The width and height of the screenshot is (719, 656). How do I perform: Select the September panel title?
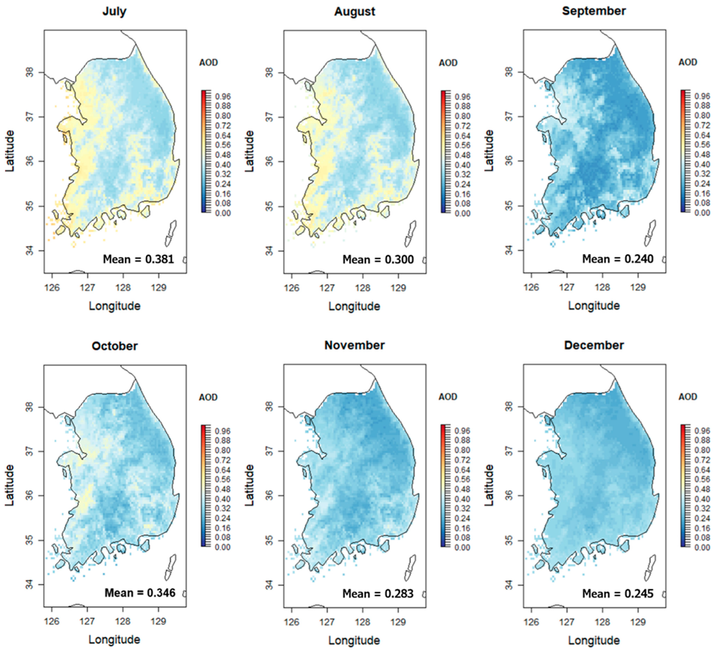coord(594,11)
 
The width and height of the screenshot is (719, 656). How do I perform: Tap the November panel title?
coord(354,345)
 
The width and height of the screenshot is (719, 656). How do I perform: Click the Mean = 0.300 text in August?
coord(378,259)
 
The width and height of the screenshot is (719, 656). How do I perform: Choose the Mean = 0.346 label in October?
coord(140,593)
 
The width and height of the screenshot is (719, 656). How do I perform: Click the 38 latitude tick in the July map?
coord(30,73)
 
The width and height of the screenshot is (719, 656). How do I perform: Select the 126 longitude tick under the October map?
coord(52,621)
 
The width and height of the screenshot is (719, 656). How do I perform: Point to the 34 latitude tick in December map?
coord(509,585)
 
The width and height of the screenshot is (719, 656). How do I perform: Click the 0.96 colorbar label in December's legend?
coord(702,431)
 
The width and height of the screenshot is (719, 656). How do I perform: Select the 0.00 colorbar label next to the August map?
coord(462,214)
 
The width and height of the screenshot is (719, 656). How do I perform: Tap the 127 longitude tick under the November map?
coord(327,622)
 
